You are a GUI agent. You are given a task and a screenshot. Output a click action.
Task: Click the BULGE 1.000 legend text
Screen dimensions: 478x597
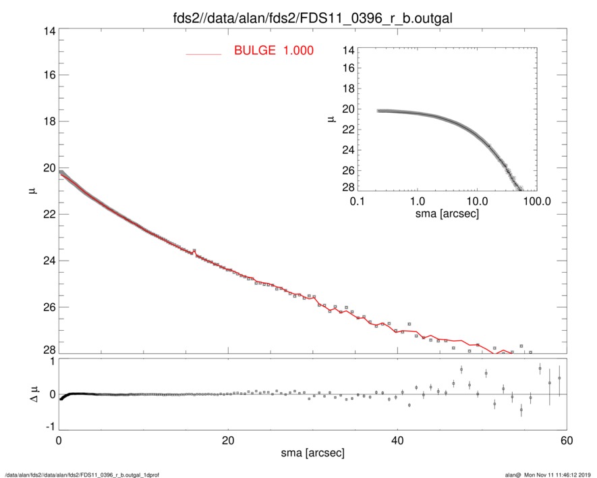click(273, 51)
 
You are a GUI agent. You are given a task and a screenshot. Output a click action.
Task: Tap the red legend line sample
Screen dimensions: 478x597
click(204, 53)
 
